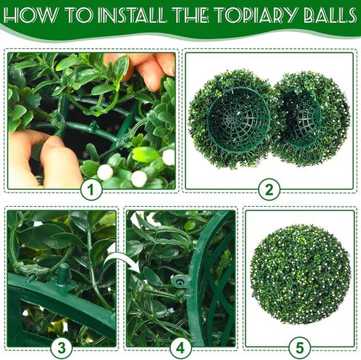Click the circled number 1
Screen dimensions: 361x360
92,190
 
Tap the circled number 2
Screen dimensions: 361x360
269,190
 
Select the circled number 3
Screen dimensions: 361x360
61,348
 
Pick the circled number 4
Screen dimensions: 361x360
180,348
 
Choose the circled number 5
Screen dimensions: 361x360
299,348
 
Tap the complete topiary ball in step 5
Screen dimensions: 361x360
300,274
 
